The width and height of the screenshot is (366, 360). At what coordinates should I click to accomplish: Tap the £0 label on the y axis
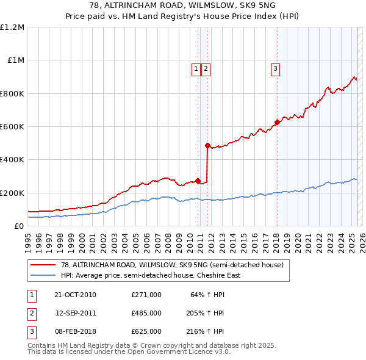tap(20, 226)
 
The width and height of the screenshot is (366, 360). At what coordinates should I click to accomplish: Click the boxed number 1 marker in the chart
tap(196, 69)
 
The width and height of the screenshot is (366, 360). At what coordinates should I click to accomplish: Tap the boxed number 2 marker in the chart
tap(206, 69)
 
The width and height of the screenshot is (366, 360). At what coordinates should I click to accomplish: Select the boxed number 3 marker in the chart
tap(276, 69)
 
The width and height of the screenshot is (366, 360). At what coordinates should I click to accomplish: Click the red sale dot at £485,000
tap(207, 146)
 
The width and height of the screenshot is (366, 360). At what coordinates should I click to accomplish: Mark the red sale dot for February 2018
tap(277, 123)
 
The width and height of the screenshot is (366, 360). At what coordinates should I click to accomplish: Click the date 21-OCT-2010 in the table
tap(75, 295)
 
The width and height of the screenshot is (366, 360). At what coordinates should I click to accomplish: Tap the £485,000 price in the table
tap(146, 313)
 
